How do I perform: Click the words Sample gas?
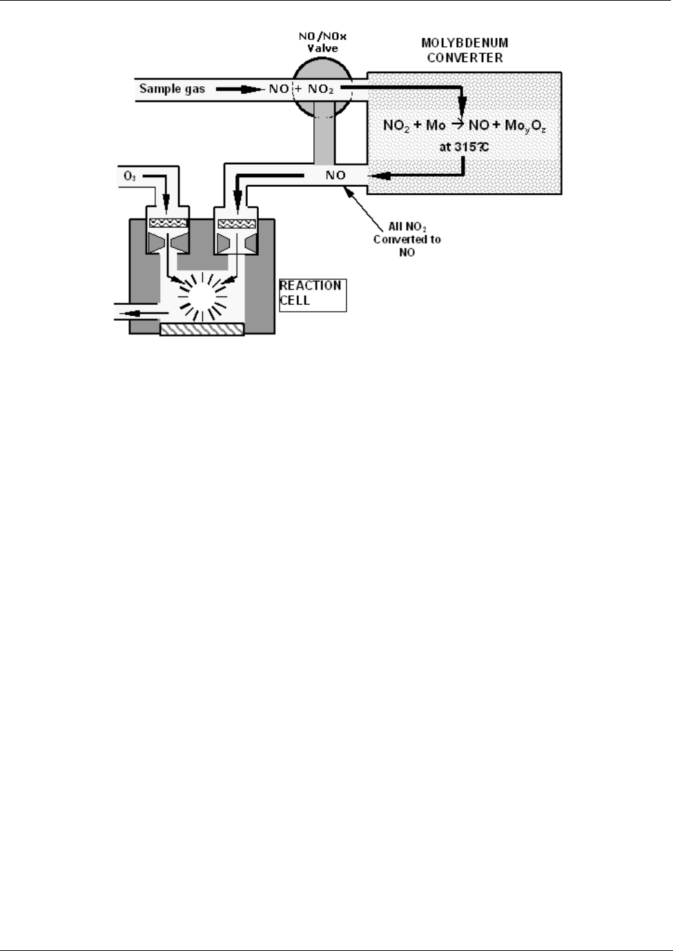pyautogui.click(x=172, y=88)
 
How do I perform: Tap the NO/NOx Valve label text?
pyautogui.click(x=323, y=42)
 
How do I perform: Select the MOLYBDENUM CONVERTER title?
pyautogui.click(x=465, y=50)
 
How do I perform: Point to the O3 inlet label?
pyautogui.click(x=130, y=177)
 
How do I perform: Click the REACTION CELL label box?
pyautogui.click(x=312, y=294)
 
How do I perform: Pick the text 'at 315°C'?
pyautogui.click(x=464, y=147)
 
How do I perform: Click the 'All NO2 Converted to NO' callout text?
pyautogui.click(x=407, y=239)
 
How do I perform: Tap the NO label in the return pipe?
pyautogui.click(x=335, y=175)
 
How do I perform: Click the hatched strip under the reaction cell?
pyautogui.click(x=202, y=330)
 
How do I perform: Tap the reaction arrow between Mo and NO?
pyautogui.click(x=458, y=124)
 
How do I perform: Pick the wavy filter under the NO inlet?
pyautogui.click(x=237, y=223)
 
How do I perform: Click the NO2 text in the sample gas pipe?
pyautogui.click(x=321, y=89)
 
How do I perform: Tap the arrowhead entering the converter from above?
pyautogui.click(x=462, y=105)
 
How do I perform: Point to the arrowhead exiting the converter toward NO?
pyautogui.click(x=378, y=176)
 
